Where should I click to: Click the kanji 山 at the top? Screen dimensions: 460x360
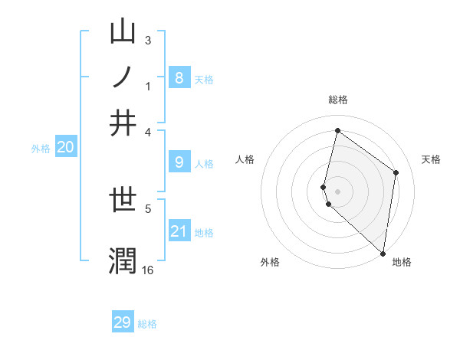tap(123, 32)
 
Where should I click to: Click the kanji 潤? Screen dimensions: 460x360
tap(123, 260)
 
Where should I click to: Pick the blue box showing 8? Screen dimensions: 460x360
tap(179, 77)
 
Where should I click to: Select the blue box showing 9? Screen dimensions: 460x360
tap(179, 162)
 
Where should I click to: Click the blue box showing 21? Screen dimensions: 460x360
tap(179, 231)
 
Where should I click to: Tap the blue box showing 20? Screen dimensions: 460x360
tap(65, 148)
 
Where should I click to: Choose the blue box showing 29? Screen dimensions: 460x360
tap(123, 322)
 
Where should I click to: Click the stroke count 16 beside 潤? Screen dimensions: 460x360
tap(147, 270)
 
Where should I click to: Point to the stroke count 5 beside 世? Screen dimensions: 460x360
tap(148, 207)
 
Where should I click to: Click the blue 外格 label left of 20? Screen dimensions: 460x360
tap(41, 149)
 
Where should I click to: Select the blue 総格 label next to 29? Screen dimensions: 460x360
tap(147, 324)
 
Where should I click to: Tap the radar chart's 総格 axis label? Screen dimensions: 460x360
tap(338, 100)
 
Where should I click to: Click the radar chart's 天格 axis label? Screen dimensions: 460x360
tap(431, 159)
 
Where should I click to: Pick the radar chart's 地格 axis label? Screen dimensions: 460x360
tap(402, 262)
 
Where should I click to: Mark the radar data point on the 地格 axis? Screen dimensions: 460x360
tap(383, 253)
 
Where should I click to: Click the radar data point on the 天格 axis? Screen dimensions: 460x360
tap(396, 172)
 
